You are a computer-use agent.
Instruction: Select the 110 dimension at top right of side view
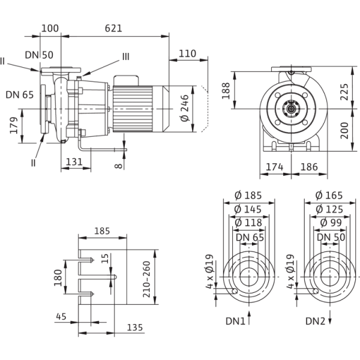point(187,54)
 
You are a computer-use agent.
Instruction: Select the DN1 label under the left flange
point(239,321)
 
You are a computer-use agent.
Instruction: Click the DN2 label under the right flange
point(316,321)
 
